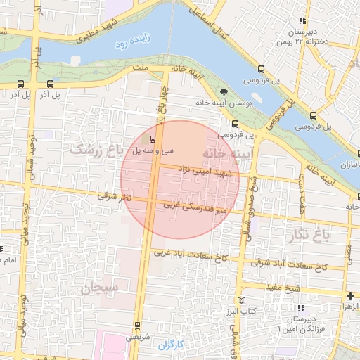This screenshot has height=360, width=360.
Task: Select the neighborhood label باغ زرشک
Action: click(96, 150)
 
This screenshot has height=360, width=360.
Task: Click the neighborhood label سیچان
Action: click(101, 288)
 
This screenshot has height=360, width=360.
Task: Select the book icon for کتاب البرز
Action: click(243, 300)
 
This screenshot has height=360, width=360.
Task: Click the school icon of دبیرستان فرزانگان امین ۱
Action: click(301, 309)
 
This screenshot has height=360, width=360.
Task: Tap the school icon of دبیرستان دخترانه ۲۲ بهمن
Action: click(302, 21)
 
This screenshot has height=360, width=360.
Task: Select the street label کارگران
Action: click(170, 345)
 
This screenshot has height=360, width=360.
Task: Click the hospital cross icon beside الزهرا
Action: click(350, 296)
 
